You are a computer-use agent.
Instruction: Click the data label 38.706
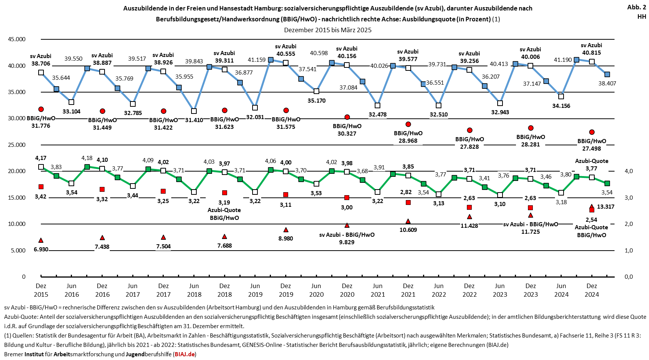(x=41, y=64)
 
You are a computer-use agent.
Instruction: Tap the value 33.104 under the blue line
(x=71, y=111)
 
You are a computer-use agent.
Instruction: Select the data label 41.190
(x=563, y=60)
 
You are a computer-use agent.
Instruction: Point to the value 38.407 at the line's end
(x=607, y=84)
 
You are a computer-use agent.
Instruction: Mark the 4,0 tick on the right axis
(x=628, y=171)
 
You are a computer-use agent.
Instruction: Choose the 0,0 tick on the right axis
(x=628, y=277)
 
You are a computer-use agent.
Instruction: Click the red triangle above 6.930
(x=41, y=240)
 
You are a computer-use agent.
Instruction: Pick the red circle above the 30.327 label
(x=347, y=117)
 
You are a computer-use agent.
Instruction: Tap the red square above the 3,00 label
(x=347, y=197)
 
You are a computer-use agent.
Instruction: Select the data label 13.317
(x=606, y=206)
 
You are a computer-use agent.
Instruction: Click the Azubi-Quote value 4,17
(x=41, y=158)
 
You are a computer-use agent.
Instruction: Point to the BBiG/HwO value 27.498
(x=592, y=148)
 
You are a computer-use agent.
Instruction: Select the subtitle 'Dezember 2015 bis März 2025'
(x=327, y=30)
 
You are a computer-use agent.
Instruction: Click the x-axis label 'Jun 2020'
(x=316, y=290)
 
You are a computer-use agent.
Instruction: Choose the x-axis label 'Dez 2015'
(x=41, y=290)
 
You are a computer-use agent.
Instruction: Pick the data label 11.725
(x=531, y=232)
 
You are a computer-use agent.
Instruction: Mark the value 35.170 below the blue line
(x=317, y=100)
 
